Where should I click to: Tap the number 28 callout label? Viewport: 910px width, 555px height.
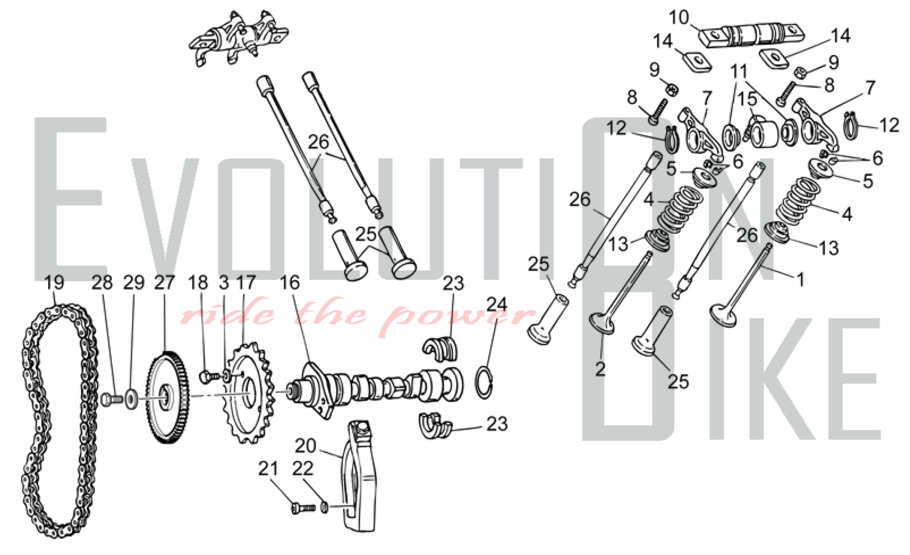point(102,283)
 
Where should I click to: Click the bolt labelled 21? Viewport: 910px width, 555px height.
point(303,508)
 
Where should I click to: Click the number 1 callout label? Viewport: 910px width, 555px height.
point(800,279)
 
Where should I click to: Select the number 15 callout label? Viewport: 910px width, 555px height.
point(747,98)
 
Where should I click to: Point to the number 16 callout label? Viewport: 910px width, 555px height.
point(290,283)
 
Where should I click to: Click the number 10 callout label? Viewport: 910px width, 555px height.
point(679,18)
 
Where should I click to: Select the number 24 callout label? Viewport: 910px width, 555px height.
point(497,304)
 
